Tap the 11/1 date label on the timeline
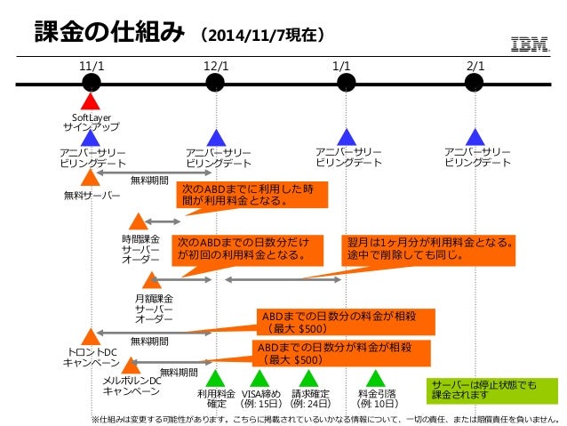[x=91, y=66]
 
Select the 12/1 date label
[x=215, y=66]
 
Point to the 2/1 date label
[x=475, y=66]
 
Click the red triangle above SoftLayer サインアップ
[x=90, y=104]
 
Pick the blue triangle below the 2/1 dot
[x=475, y=137]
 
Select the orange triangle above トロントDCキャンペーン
[x=90, y=336]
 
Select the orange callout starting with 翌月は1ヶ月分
[x=430, y=249]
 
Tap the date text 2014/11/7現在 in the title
[x=261, y=36]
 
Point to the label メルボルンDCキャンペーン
[x=131, y=386]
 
